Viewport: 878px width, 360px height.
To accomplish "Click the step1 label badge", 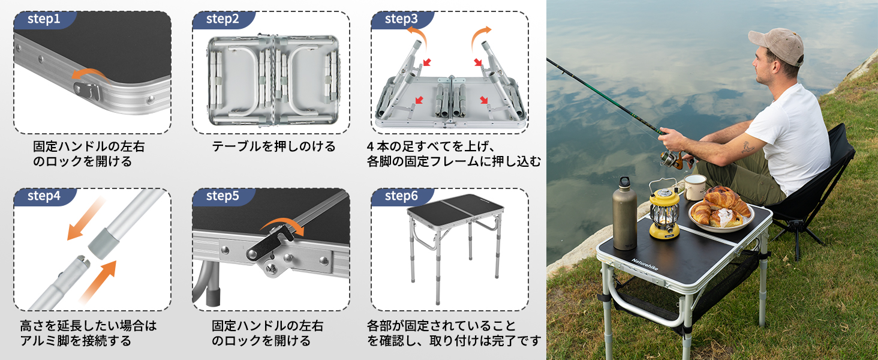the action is pos(44,20).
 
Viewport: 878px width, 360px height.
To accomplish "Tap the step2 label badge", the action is pos(223,20).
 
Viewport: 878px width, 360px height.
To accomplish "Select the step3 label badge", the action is pos(402,20).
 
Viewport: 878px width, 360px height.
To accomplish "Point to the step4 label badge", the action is pos(44,197).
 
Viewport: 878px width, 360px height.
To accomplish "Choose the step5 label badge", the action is pos(223,197).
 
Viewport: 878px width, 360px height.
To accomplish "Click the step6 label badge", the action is pos(402,197).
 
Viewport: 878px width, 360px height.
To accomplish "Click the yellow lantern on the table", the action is pos(664,210).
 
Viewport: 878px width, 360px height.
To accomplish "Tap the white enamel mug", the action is pos(695,187).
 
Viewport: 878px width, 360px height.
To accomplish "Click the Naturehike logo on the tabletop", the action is pos(645,264).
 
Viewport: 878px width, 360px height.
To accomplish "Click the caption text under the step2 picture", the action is pos(273,146).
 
